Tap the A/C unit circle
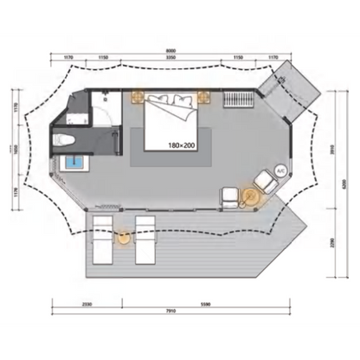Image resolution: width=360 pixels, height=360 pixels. [x=280, y=171]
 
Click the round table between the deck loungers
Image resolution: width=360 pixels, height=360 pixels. [x=122, y=239]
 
